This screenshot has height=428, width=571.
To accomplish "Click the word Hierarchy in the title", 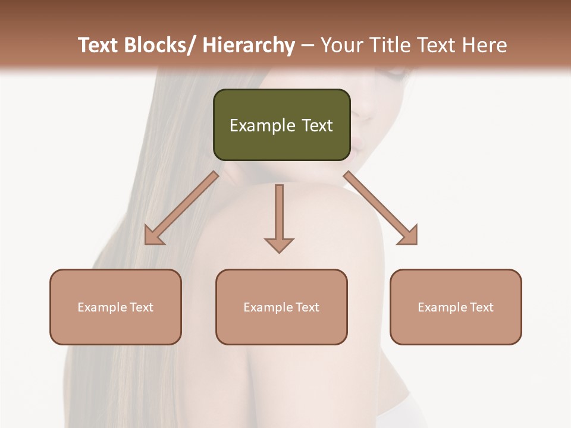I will click(248, 45).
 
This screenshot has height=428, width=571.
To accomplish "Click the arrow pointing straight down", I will click(279, 214).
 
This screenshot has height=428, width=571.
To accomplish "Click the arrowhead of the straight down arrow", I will click(279, 245).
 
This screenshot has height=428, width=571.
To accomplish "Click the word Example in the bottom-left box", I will click(98, 307).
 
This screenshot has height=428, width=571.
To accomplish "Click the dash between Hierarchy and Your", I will click(308, 46).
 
